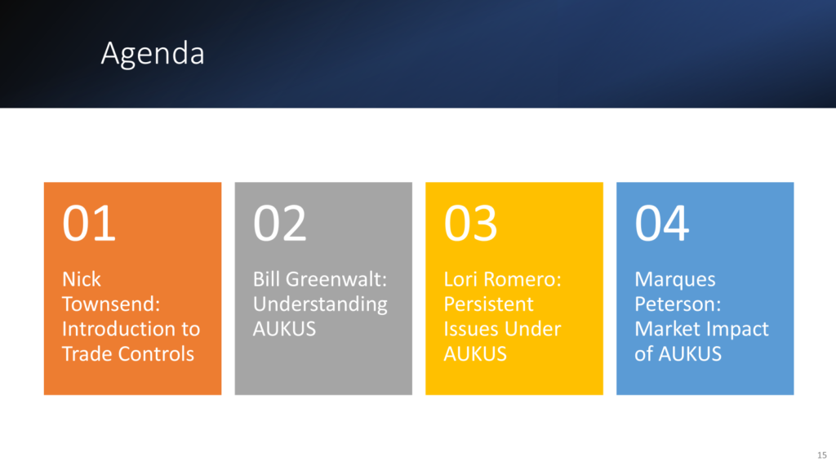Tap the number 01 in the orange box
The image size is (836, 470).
point(89,224)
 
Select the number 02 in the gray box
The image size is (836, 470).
point(280,224)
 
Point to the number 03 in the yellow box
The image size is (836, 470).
point(471,224)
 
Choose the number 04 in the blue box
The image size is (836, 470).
point(661,224)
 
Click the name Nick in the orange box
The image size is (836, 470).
point(82,279)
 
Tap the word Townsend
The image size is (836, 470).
point(111,304)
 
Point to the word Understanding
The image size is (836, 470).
point(320,304)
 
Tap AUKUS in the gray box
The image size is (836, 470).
point(284,329)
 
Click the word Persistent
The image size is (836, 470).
point(488,304)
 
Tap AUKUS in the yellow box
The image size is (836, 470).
point(475,354)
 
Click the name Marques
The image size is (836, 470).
point(675,280)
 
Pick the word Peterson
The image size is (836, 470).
point(678,304)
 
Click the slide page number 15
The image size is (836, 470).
point(821,455)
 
